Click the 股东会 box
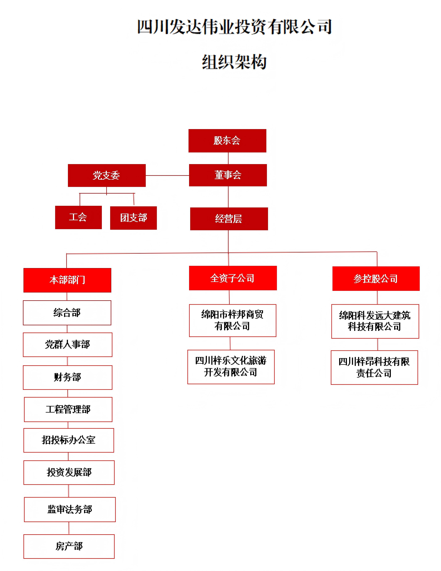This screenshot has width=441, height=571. click(227, 141)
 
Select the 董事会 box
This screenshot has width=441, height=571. click(228, 175)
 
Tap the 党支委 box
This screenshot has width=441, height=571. click(107, 175)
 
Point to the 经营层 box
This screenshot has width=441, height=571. click(229, 219)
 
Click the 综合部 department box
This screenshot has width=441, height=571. click(67, 313)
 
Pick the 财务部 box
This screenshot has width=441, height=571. click(67, 377)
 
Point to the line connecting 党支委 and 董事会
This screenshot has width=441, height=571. click(167, 175)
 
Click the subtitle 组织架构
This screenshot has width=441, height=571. click(234, 62)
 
